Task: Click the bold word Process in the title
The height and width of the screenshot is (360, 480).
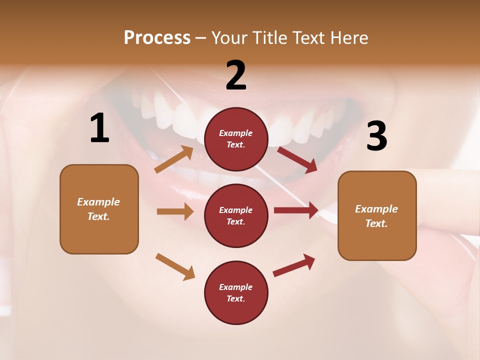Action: pyautogui.click(x=157, y=38)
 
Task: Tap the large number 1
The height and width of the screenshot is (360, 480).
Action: pyautogui.click(x=99, y=129)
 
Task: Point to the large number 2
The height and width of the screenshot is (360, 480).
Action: pyautogui.click(x=236, y=75)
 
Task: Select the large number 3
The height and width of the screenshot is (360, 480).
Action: pyautogui.click(x=376, y=136)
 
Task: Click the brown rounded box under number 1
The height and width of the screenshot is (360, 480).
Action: pyautogui.click(x=99, y=209)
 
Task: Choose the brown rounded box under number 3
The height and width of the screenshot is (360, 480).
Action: pyautogui.click(x=377, y=215)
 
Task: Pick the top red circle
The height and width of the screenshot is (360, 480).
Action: pyautogui.click(x=236, y=139)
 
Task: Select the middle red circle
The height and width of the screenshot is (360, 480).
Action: pyautogui.click(x=236, y=215)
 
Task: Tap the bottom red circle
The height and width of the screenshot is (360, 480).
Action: pyautogui.click(x=236, y=292)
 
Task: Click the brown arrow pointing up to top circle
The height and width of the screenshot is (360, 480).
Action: pyautogui.click(x=174, y=159)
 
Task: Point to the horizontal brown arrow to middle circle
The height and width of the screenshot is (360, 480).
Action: pyautogui.click(x=175, y=211)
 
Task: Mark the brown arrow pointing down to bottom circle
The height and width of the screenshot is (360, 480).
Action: pyautogui.click(x=175, y=266)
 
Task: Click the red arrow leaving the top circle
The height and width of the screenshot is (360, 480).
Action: pyautogui.click(x=297, y=159)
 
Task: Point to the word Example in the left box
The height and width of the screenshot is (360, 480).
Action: pyautogui.click(x=98, y=202)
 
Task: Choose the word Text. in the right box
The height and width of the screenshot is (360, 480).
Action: pyautogui.click(x=376, y=223)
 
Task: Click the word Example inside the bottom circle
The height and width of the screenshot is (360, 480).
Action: pyautogui.click(x=236, y=287)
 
